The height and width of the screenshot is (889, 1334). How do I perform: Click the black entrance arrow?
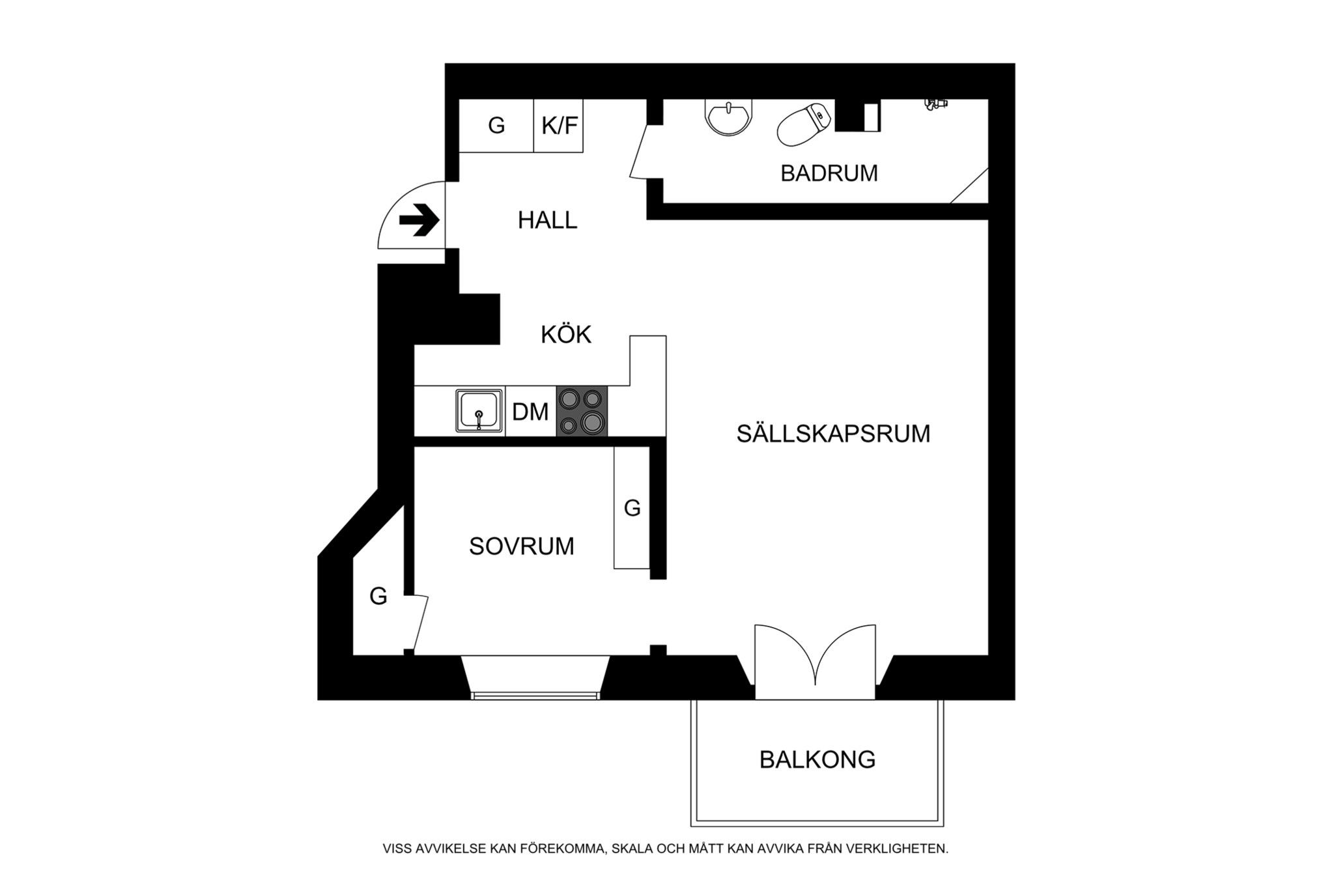419,220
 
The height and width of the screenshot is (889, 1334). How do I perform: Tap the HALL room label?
547,221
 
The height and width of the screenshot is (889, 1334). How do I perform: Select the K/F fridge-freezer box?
559,125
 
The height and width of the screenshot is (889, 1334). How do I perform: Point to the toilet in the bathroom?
803,124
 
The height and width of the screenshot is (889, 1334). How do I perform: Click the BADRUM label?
829,173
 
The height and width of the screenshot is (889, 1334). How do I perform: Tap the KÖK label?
565,335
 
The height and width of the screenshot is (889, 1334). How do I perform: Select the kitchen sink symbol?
479,411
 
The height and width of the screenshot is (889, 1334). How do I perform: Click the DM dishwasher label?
530,412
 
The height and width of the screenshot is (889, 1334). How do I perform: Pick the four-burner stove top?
582,411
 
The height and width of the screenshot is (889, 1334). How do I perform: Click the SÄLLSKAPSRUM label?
833,434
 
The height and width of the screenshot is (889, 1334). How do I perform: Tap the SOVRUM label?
521,546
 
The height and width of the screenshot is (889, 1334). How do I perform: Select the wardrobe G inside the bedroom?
632,508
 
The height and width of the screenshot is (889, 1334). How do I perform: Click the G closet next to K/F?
496,125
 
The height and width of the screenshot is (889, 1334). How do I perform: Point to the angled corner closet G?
378,596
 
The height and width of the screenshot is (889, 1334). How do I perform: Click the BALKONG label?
817,759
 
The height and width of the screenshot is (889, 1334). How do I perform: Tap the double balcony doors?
815,658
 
